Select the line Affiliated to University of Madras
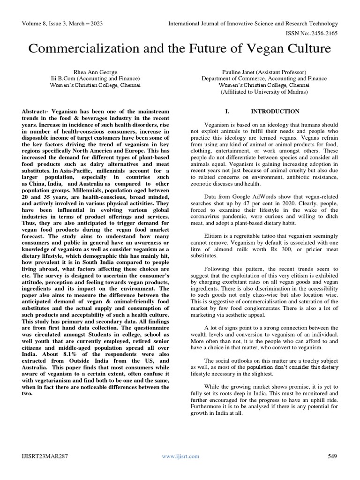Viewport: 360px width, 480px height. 264,92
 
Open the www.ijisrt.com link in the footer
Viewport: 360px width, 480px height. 180,456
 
